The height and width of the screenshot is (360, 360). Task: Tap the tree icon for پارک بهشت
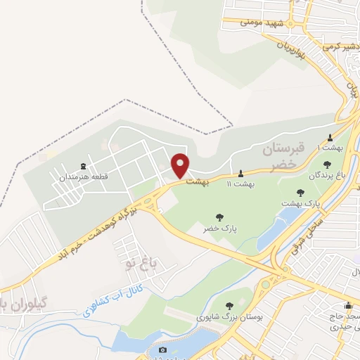coord(302,192)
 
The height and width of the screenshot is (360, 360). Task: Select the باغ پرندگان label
coord(328,174)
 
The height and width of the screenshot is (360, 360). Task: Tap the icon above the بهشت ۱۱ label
coord(242,172)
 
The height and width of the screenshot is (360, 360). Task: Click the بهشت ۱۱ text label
coord(242,184)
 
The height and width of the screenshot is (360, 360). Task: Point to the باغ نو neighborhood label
coord(137,264)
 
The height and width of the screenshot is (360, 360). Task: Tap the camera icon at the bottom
coord(163,349)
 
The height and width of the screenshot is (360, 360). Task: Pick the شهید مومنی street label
coord(256,22)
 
